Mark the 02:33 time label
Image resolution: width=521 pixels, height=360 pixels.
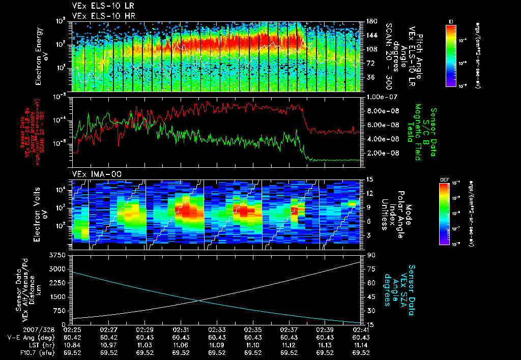pyautogui.click(x=217, y=330)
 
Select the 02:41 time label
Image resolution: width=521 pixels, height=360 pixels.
pyautogui.click(x=361, y=330)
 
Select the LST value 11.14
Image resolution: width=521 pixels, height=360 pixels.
pyautogui.click(x=361, y=345)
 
